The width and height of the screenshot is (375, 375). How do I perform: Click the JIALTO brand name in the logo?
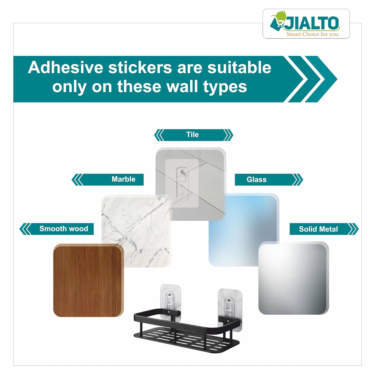[312, 23]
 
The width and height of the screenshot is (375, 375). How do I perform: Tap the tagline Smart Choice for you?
[312, 34]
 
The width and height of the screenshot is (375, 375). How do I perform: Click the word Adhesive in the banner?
[65, 67]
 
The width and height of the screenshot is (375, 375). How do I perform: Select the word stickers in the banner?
[140, 67]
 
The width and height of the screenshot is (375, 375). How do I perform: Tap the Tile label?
[192, 134]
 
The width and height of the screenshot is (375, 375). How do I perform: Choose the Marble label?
[123, 179]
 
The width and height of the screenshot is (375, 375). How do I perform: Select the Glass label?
[256, 179]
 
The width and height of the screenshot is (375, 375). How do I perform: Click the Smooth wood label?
[64, 228]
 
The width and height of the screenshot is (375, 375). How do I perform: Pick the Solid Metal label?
[318, 229]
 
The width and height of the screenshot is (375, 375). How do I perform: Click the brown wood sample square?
[88, 280]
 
